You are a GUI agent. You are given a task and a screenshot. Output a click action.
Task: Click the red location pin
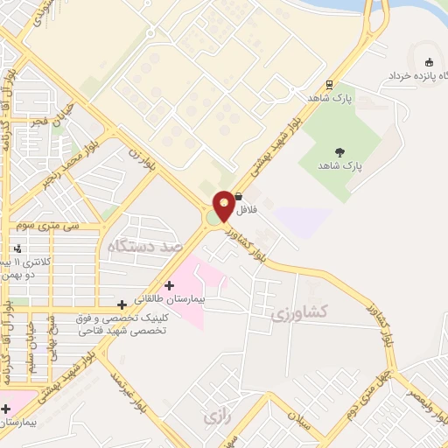tap(224, 205)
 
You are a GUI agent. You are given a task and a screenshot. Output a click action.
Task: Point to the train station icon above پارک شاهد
tap(330, 85)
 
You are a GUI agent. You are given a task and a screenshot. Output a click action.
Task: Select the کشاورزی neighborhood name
tap(299, 312)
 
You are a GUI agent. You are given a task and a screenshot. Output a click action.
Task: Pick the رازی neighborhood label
tap(214, 416)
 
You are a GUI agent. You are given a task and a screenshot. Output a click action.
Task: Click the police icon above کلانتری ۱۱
tap(18, 249)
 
